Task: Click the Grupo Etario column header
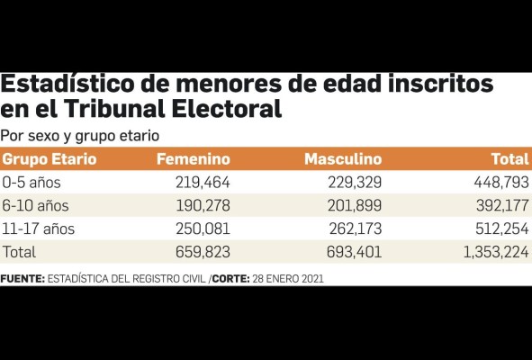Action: [x=49, y=159]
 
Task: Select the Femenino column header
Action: [x=193, y=159]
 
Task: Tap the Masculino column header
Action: [x=343, y=159]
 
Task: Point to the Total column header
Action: [x=509, y=159]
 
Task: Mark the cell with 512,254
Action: [x=497, y=229]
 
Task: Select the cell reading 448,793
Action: [x=497, y=183]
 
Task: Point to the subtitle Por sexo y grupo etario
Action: [x=80, y=135]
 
